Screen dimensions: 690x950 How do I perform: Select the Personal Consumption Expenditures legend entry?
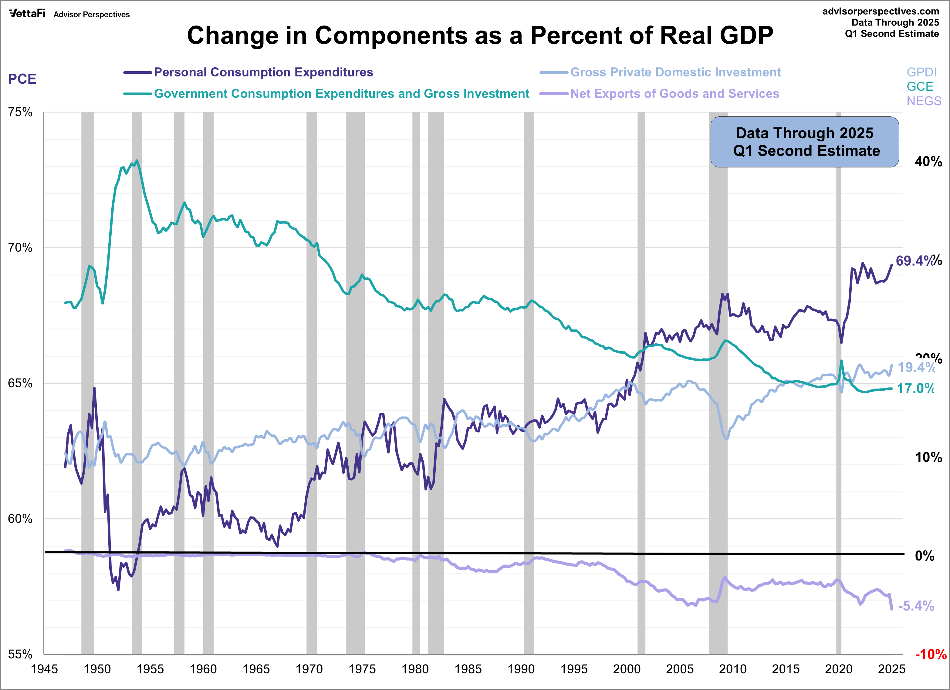click(263, 72)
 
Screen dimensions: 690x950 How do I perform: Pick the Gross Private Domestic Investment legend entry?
click(675, 72)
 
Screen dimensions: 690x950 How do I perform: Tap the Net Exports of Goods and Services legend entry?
click(674, 94)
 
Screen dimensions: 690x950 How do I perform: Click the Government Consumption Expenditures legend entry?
click(341, 94)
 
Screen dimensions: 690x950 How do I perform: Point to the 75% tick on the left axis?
click(20, 112)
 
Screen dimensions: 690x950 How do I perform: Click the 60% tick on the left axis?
click(20, 519)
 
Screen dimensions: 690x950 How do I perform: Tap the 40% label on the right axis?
click(928, 162)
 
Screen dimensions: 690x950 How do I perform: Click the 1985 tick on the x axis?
click(468, 669)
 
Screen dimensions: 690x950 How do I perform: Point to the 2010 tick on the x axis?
click(733, 669)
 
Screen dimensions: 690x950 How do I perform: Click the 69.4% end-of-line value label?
click(915, 261)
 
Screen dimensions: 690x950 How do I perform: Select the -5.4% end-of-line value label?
click(916, 606)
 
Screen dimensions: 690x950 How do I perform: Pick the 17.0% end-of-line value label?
click(915, 389)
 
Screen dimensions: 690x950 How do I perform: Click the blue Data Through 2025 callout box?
click(804, 142)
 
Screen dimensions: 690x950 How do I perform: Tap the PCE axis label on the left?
click(22, 79)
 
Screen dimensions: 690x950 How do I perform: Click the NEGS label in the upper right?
click(924, 101)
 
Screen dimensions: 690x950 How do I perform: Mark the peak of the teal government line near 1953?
click(137, 161)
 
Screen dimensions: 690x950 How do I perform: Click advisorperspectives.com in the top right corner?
click(881, 11)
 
